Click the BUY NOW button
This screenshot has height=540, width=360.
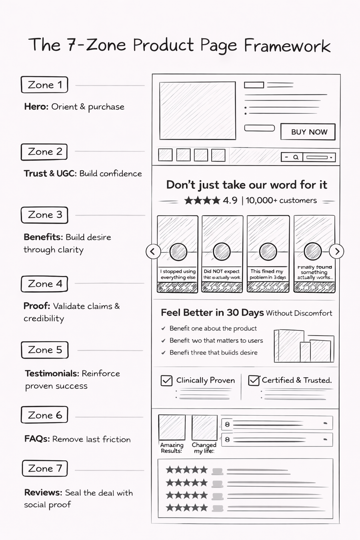click(308, 132)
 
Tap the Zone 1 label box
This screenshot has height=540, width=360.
click(44, 85)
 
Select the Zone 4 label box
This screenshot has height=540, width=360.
click(44, 284)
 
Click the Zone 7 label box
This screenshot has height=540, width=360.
click(45, 468)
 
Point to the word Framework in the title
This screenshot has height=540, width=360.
click(287, 46)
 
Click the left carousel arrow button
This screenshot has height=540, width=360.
click(153, 252)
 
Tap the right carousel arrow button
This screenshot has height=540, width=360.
click(337, 251)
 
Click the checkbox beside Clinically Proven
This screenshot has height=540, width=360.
click(166, 380)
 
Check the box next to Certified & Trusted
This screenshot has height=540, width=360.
click(254, 380)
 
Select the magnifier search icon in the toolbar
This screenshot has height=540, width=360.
click(296, 157)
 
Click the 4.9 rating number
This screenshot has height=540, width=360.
click(230, 200)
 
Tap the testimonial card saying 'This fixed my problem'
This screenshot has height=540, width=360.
click(268, 254)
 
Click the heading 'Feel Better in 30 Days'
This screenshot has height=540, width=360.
click(212, 312)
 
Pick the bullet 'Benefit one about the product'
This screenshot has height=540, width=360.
click(213, 328)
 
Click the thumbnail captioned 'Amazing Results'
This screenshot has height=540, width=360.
click(172, 428)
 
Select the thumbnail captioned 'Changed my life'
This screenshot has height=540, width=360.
click(204, 428)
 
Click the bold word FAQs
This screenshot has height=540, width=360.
click(37, 439)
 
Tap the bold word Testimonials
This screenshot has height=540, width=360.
click(52, 374)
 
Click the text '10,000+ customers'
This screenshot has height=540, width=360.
click(281, 200)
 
